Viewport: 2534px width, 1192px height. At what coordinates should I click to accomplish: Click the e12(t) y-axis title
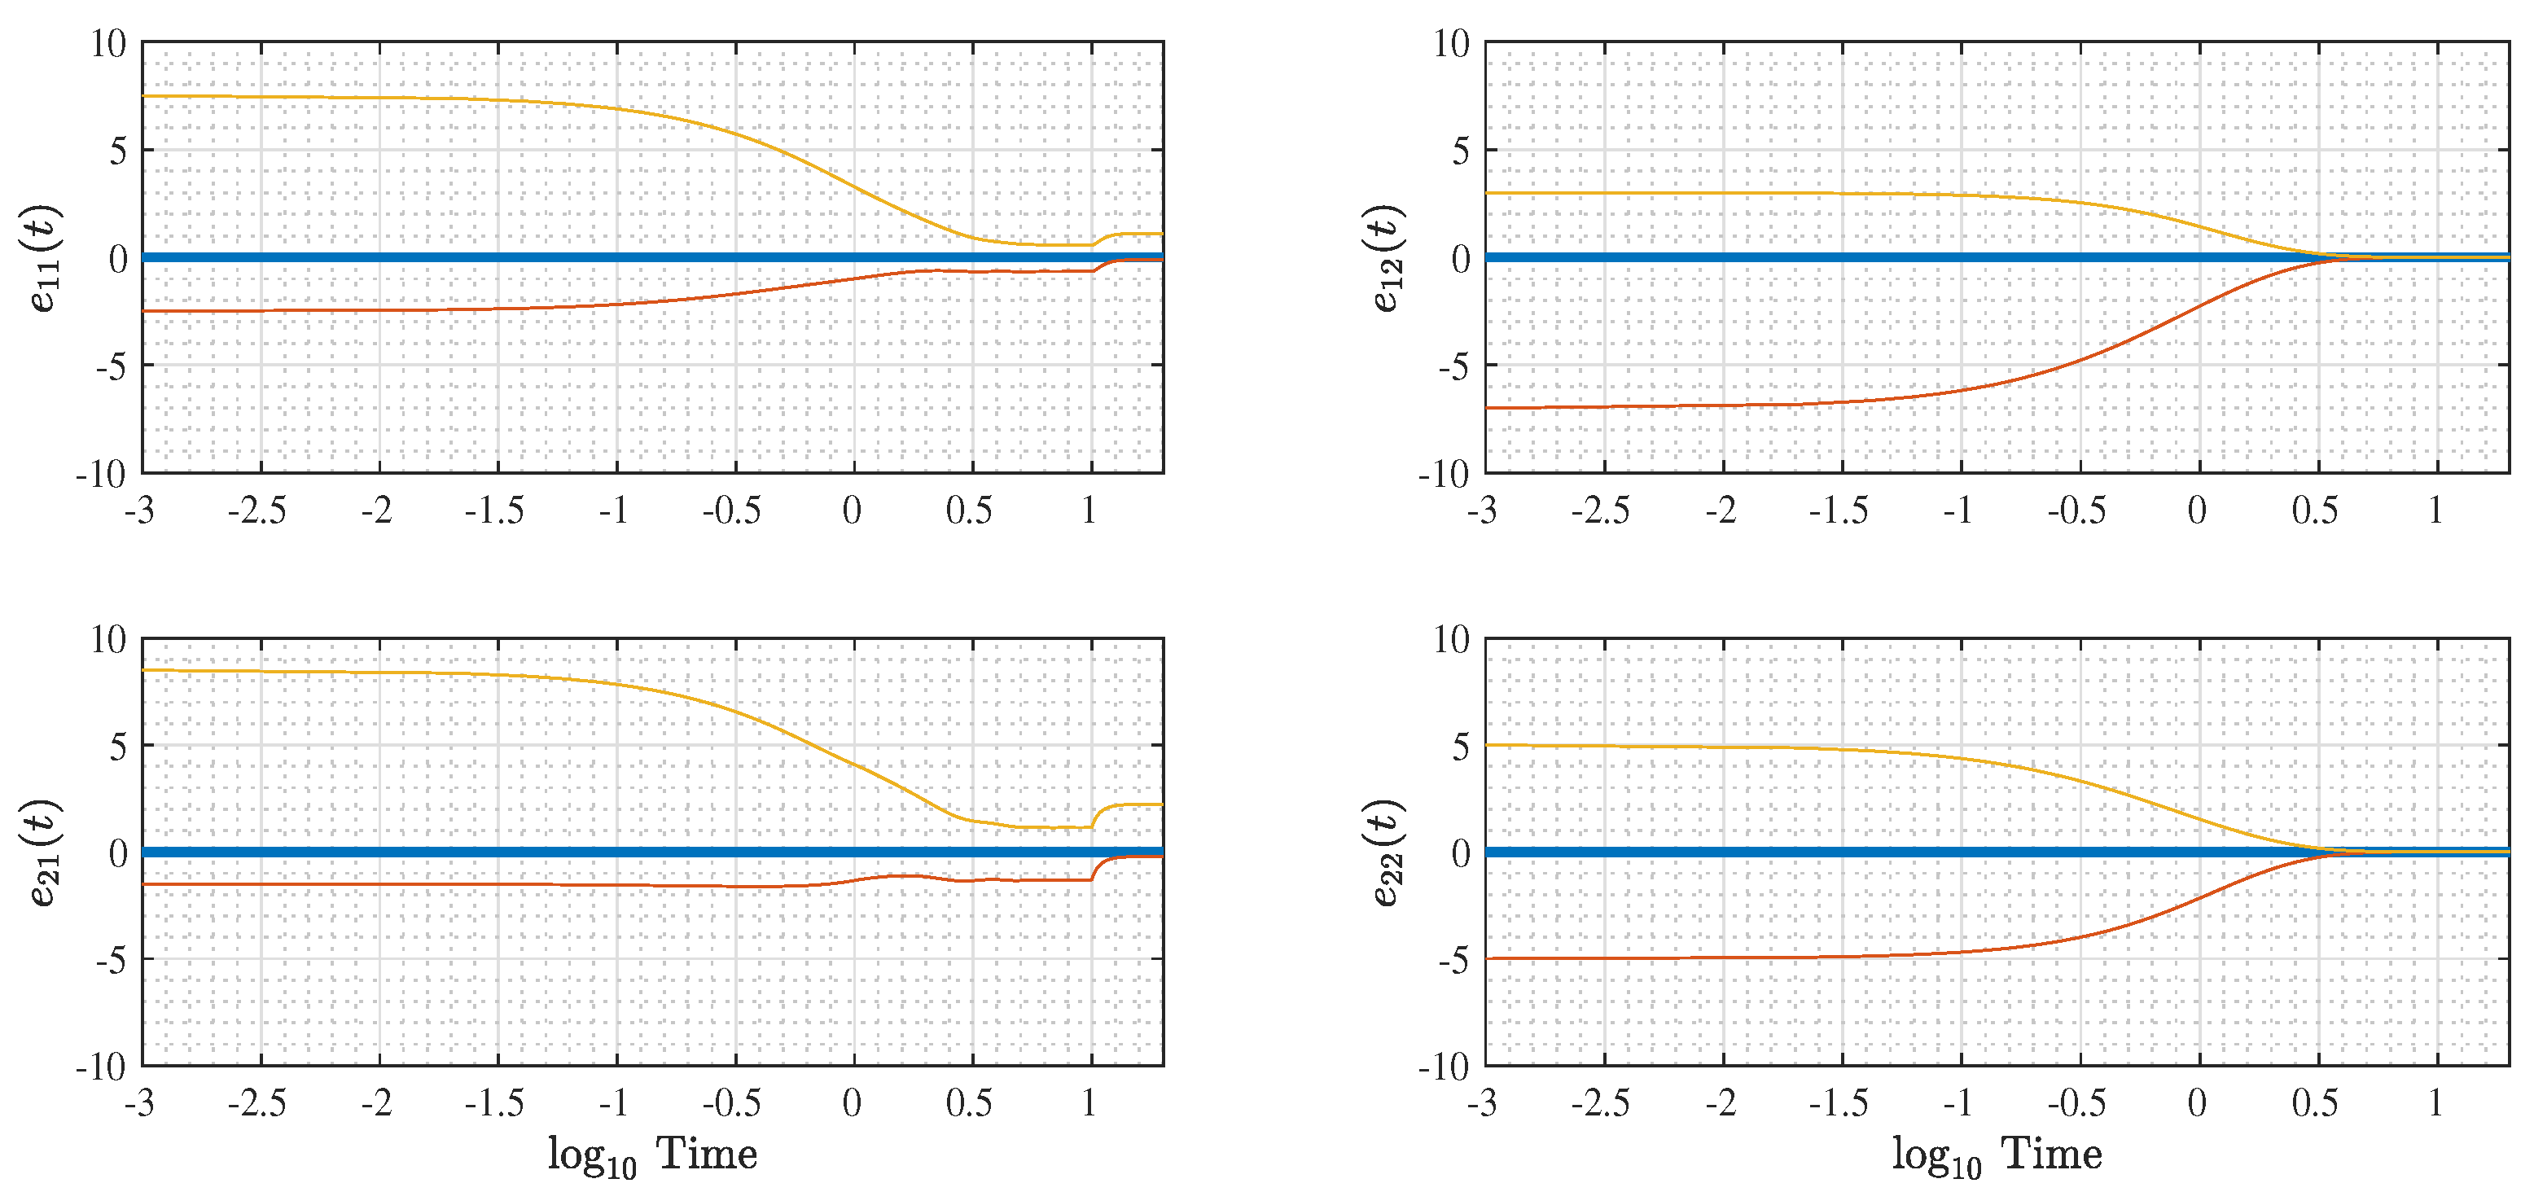pos(1388,257)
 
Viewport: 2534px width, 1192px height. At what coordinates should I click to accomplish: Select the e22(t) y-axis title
pos(1388,852)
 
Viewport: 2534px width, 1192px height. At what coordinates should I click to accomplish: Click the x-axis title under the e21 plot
pos(652,1155)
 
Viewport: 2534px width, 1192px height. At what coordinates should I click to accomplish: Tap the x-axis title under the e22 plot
pos(1997,1155)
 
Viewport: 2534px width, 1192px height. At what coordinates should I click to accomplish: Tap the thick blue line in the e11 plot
pos(652,257)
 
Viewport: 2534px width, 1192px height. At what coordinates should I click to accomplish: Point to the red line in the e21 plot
pos(652,885)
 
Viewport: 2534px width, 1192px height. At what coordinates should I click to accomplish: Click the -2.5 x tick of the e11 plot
pos(258,511)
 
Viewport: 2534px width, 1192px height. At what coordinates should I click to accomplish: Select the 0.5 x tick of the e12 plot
pos(2315,511)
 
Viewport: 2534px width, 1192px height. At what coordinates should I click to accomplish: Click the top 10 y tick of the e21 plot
pos(109,639)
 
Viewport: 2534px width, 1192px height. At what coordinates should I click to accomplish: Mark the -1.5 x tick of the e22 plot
pos(1839,1103)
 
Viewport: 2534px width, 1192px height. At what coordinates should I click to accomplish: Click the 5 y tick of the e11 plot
pos(119,151)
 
